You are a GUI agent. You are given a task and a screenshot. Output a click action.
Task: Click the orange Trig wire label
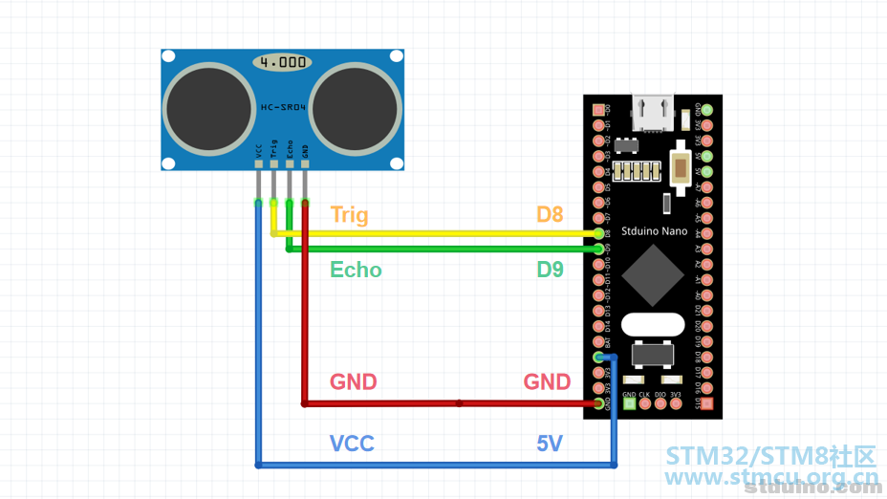349,215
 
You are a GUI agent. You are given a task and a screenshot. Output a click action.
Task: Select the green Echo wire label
356,270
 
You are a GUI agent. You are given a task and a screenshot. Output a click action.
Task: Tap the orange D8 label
550,215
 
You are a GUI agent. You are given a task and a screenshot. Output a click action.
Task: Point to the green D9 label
550,270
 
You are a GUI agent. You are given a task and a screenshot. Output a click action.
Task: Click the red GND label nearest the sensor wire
354,382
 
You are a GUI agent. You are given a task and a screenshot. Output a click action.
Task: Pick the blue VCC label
352,444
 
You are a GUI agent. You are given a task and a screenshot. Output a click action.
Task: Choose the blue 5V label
551,444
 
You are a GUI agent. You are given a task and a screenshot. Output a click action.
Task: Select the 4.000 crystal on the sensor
283,62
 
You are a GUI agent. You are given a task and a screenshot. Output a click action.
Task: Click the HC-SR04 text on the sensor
283,108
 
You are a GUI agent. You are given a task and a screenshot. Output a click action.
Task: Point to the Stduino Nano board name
653,230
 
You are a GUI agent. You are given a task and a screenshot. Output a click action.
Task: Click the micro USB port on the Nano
653,112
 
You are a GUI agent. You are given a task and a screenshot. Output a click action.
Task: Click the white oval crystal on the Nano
653,324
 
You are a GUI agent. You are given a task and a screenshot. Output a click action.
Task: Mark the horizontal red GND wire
449,403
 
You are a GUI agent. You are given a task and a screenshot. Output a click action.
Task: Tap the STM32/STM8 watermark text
770,455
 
